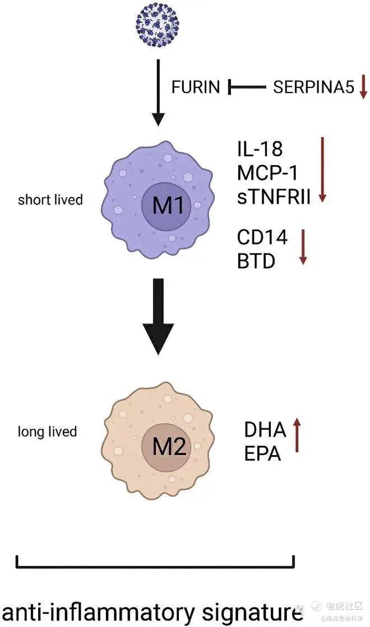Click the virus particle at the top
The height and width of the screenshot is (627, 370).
tap(158, 22)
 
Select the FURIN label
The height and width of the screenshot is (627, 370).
tap(196, 87)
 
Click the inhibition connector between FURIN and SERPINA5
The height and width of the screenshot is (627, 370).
tap(246, 87)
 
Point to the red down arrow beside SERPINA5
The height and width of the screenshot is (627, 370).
tap(363, 87)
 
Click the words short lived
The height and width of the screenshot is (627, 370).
tap(50, 199)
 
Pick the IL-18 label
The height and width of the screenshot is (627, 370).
tap(260, 149)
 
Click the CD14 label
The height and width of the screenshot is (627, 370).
tap(262, 237)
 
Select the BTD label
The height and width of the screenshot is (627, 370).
tap(256, 260)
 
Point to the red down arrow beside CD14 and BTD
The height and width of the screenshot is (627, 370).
tap(303, 246)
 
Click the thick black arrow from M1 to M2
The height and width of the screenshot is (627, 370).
tap(159, 316)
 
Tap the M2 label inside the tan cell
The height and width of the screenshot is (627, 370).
tap(169, 447)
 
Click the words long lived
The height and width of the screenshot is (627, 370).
tap(48, 432)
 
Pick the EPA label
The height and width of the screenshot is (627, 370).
tap(262, 453)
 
